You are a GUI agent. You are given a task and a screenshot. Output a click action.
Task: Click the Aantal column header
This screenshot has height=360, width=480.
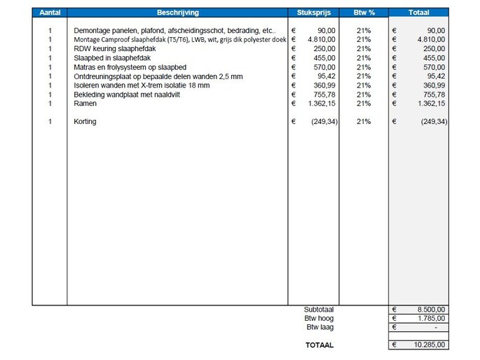[x=50, y=13]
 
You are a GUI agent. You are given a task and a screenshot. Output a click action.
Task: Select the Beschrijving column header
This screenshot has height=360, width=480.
[x=177, y=13]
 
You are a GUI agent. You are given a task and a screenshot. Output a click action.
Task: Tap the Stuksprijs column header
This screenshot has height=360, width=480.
[x=314, y=13]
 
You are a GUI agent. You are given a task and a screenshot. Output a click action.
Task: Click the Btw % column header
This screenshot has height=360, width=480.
[x=363, y=13]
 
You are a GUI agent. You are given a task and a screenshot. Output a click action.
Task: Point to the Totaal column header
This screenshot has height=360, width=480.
[x=418, y=13]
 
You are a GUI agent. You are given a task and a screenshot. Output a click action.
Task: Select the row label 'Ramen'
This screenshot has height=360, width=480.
[x=85, y=104]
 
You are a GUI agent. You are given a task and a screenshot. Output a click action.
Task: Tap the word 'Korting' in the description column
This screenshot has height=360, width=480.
[x=85, y=122]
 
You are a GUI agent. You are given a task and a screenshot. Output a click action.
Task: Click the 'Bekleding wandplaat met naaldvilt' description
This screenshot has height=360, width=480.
[x=127, y=95]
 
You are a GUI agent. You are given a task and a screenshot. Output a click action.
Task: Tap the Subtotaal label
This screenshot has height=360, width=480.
[x=319, y=309]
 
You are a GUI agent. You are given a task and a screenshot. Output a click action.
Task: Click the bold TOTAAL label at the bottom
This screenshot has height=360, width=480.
[x=320, y=345]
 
